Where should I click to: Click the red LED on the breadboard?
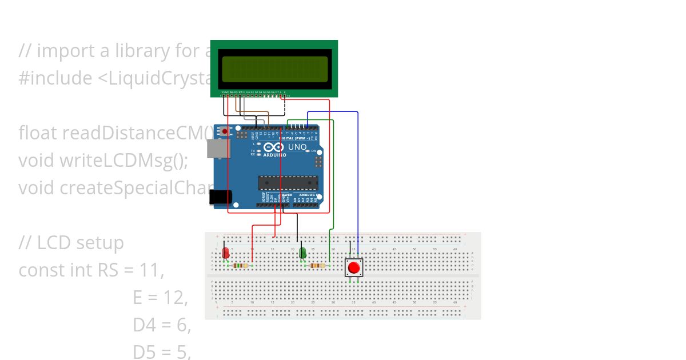click(x=226, y=253)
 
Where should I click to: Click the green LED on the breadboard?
click(x=302, y=253)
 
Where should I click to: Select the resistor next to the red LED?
click(x=241, y=266)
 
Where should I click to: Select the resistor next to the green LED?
click(x=317, y=266)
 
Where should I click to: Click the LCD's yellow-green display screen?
click(x=274, y=69)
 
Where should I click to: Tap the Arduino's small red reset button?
click(x=225, y=131)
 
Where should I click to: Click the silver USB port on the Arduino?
click(x=217, y=149)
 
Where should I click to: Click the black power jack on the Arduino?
click(x=220, y=197)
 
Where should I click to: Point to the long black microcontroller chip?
click(x=288, y=183)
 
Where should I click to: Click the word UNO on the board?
click(x=297, y=147)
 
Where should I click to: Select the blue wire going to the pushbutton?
click(x=358, y=171)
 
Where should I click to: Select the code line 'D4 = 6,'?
click(x=162, y=325)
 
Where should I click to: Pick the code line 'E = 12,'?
click(x=161, y=298)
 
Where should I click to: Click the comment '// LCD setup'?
click(x=71, y=243)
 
